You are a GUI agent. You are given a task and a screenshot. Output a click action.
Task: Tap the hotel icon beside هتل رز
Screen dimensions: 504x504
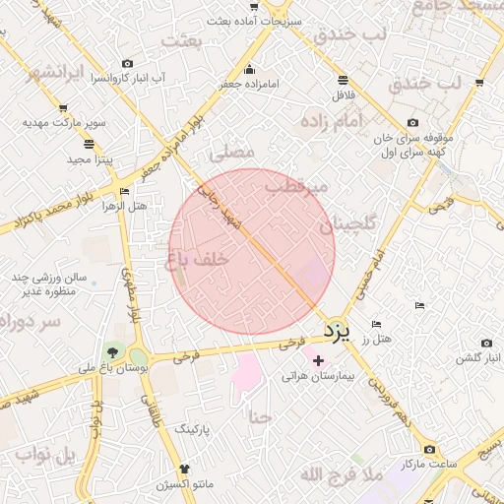click(376, 324)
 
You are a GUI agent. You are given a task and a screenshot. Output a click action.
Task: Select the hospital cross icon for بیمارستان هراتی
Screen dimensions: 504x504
click(317, 361)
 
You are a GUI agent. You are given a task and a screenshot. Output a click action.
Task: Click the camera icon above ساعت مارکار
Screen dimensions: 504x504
click(428, 449)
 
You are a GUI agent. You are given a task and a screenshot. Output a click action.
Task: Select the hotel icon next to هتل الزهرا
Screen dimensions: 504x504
click(123, 192)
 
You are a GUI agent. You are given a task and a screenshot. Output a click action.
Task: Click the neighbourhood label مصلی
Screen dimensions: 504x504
click(232, 153)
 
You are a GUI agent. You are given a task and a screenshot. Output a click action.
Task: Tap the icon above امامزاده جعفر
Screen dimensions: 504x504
click(250, 69)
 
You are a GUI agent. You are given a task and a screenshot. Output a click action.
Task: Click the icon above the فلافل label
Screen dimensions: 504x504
click(342, 80)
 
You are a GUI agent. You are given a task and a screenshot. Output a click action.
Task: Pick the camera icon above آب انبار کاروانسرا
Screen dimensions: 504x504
click(127, 63)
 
